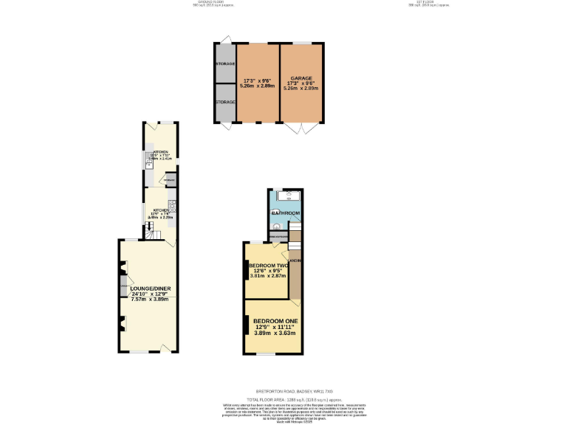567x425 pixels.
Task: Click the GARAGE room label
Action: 300,77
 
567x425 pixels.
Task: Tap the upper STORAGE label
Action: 225,64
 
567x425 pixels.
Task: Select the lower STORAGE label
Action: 225,102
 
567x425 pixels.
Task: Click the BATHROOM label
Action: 286,213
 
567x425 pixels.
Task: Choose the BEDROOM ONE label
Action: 275,321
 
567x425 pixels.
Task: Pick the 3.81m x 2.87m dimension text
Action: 267,276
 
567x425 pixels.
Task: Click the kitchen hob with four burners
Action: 171,204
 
